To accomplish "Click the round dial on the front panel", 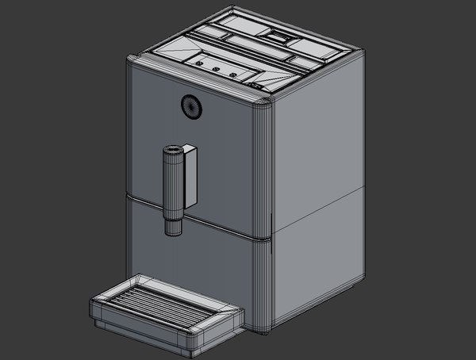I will click(x=191, y=106).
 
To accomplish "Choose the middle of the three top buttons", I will click(x=215, y=70).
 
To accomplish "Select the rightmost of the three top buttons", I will click(x=233, y=75).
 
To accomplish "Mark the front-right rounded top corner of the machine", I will click(x=262, y=98).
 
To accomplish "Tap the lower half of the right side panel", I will click(x=317, y=262).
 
